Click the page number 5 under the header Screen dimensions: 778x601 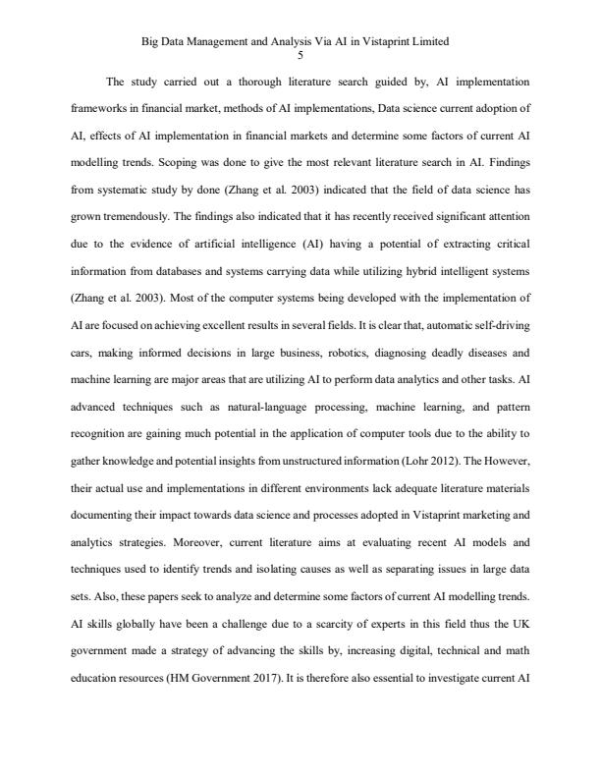(x=300, y=55)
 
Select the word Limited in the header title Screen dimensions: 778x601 (x=430, y=42)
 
